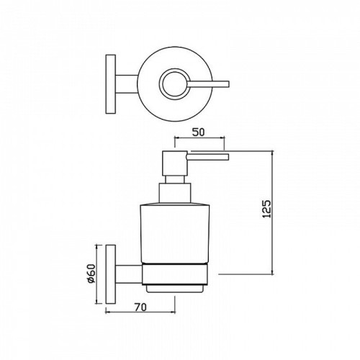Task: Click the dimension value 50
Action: [x=199, y=132]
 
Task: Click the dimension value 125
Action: [x=267, y=209]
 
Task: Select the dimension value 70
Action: [x=140, y=307]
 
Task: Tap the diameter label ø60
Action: [x=91, y=274]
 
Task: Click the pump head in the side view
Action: [x=175, y=163]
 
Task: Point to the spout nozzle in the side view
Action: [x=208, y=157]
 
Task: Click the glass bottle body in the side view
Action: [x=175, y=233]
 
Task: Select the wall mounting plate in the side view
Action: [x=111, y=274]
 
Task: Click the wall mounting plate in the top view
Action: [x=111, y=84]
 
